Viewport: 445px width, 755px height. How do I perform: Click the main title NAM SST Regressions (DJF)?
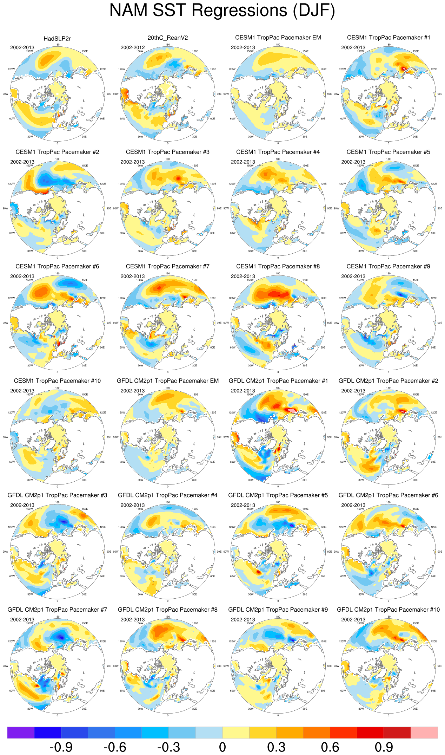click(222, 11)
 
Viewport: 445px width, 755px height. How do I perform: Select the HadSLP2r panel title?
click(57, 39)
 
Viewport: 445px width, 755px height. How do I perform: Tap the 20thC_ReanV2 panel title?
click(167, 38)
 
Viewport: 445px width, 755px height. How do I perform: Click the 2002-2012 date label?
click(132, 47)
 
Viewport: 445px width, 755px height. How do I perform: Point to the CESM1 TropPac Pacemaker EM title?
click(278, 38)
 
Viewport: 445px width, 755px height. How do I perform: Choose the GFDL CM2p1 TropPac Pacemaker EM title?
click(167, 381)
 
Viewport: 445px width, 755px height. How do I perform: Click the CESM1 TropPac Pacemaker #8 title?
click(278, 266)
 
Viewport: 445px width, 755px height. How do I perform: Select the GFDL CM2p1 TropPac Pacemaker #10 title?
click(388, 610)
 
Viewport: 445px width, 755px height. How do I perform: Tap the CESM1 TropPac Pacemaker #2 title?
click(57, 152)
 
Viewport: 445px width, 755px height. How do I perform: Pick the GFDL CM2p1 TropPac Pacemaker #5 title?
click(278, 495)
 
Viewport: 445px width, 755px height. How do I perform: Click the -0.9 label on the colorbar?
click(61, 747)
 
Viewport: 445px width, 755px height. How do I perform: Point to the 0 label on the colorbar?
click(222, 747)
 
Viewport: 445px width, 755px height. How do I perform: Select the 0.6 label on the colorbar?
click(330, 747)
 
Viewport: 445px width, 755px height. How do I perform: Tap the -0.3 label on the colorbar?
click(168, 747)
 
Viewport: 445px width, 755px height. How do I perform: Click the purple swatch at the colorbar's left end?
click(21, 733)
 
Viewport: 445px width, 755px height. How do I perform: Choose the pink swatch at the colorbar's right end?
click(424, 733)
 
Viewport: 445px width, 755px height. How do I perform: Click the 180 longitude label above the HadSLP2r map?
click(57, 45)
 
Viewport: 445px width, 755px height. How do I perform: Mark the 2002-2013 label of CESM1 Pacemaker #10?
click(22, 391)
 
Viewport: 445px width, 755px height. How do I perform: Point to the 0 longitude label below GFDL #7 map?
click(57, 715)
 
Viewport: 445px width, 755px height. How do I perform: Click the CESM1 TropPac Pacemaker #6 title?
click(57, 266)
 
